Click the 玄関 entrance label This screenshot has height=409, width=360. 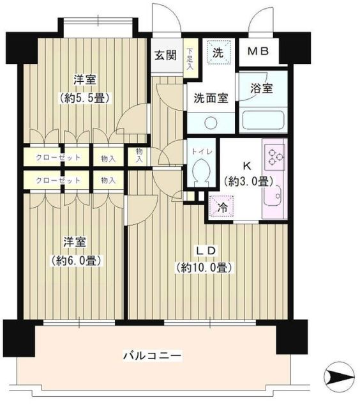(165, 55)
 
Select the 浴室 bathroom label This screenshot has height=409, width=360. (262, 89)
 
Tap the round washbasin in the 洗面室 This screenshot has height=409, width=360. (211, 122)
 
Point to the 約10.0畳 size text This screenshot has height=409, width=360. (204, 267)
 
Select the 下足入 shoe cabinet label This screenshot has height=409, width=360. (191, 54)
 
